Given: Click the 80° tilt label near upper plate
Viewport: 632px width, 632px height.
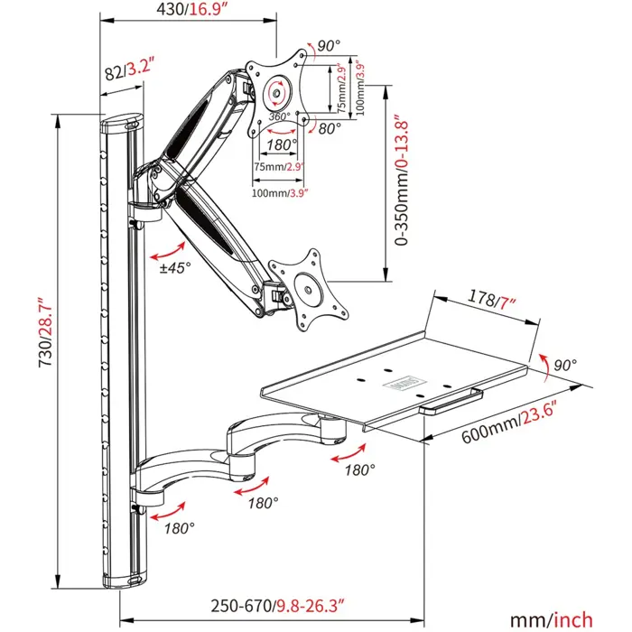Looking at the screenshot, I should tap(330, 128).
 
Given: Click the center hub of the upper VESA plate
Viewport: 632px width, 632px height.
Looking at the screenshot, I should tap(275, 91).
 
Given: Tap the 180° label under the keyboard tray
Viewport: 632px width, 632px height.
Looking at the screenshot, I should tap(360, 469).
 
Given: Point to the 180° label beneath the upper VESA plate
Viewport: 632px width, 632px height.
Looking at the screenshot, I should tap(283, 144).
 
